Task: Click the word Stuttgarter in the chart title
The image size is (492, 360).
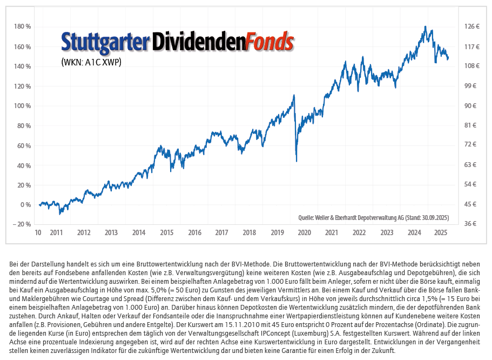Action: (x=105, y=42)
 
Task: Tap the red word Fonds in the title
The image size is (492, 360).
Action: (x=269, y=42)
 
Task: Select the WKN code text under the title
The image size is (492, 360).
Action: (x=91, y=62)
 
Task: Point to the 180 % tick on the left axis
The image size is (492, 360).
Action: (x=22, y=27)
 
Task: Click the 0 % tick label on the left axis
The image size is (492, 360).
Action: (x=25, y=205)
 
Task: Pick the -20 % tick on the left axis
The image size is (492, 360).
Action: (x=22, y=224)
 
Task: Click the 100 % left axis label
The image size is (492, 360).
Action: (x=22, y=106)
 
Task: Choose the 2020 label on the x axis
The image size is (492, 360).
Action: (x=304, y=233)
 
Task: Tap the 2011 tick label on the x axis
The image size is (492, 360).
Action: (x=56, y=233)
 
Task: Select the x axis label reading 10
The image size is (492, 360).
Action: (x=38, y=233)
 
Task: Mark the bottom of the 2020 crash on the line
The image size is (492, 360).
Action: (x=296, y=161)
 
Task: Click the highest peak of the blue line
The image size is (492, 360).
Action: (x=426, y=26)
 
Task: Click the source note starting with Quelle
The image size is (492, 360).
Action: (x=373, y=218)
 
